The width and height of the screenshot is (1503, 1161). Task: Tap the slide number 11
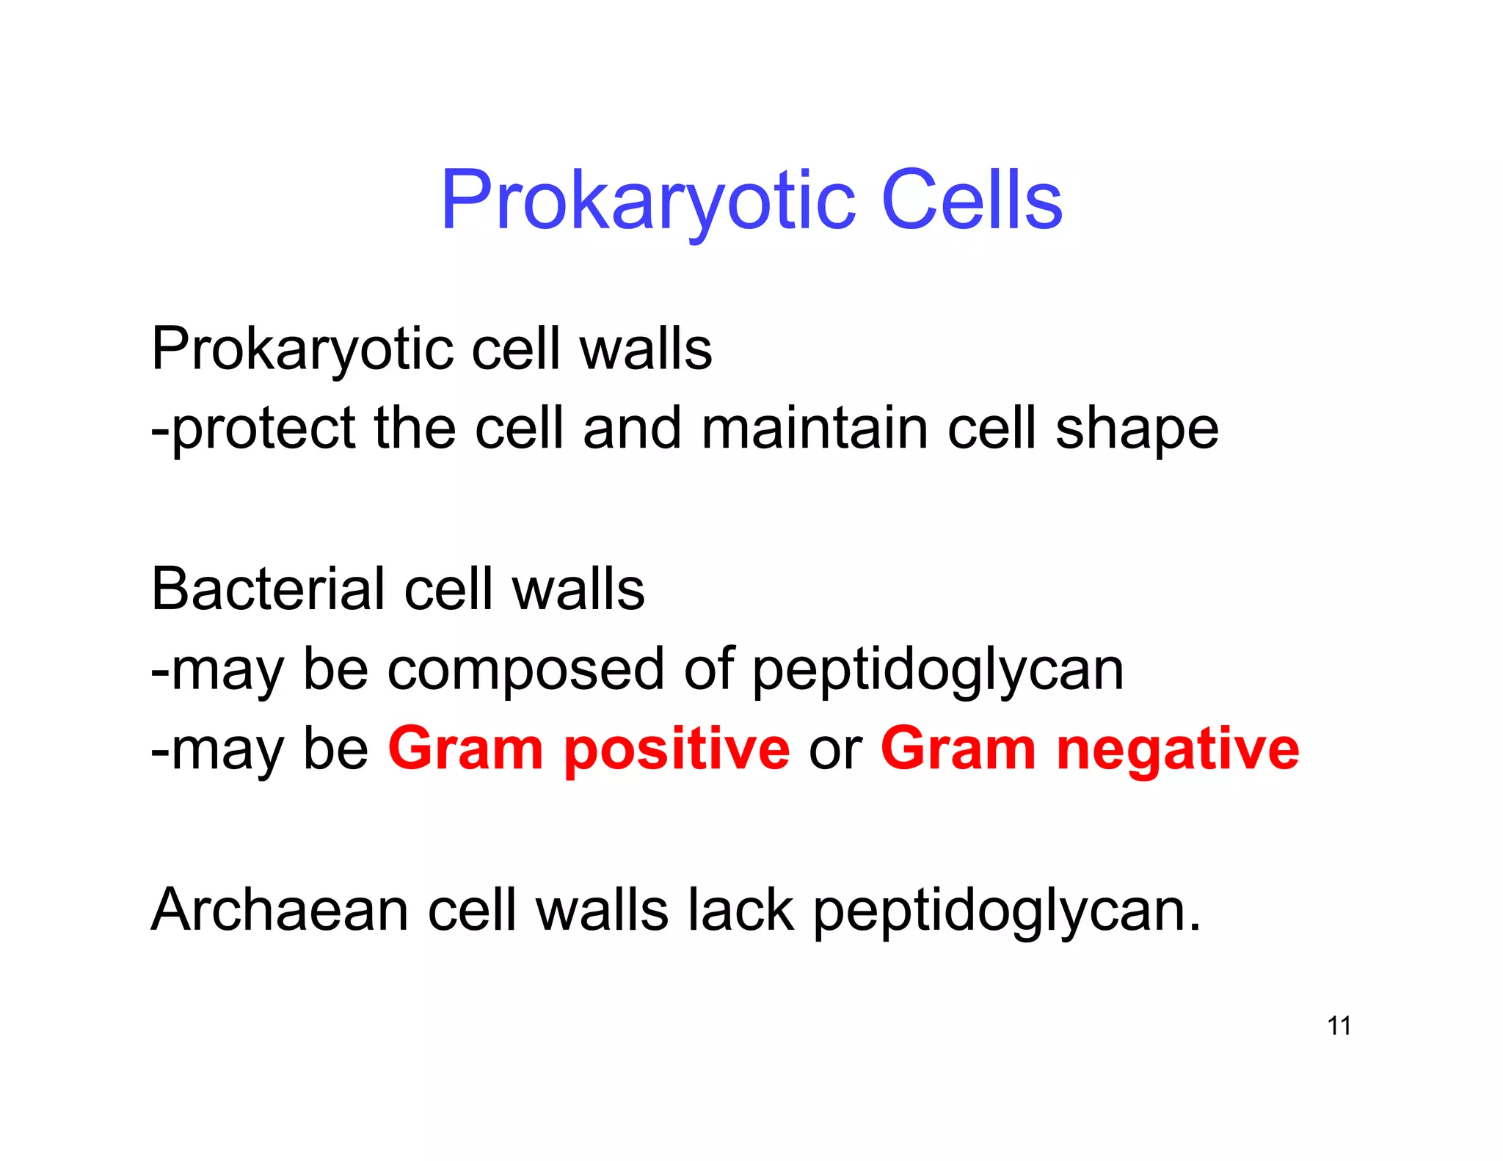[x=1339, y=1025]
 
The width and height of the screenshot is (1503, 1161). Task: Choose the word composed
[x=525, y=671]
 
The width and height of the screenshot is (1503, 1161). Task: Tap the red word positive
[x=677, y=750]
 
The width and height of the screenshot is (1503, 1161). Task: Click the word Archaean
[x=280, y=910]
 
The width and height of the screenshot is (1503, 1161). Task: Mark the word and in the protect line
[x=631, y=429]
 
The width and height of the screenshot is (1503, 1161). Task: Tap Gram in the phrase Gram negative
[x=958, y=750]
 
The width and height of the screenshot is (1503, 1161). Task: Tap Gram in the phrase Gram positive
[x=465, y=750]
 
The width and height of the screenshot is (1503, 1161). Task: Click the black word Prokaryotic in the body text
[x=302, y=349]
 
